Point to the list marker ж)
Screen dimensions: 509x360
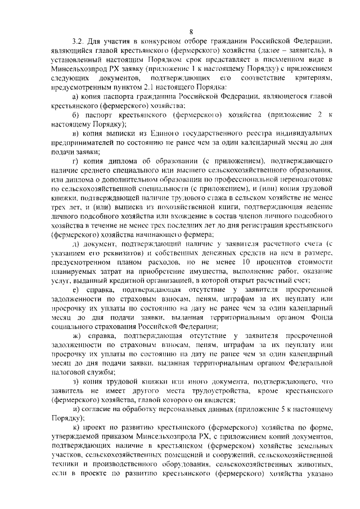coord(76,336)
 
